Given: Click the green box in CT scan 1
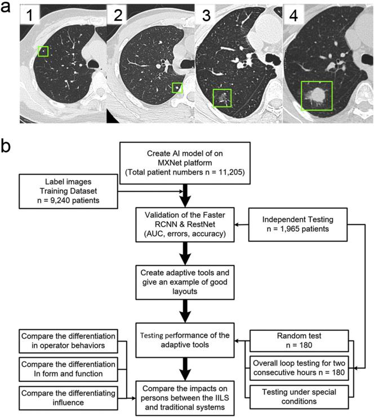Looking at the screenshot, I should pyautogui.click(x=43, y=52).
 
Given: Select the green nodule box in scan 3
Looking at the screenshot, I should pyautogui.click(x=222, y=98).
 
